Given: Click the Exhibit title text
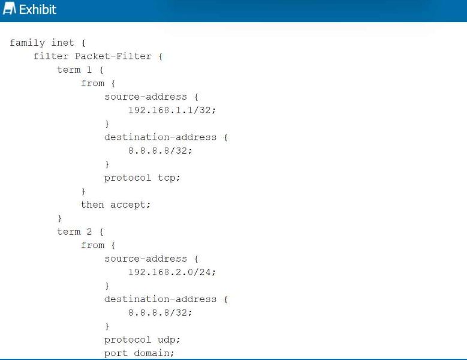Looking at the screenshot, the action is coord(38,10).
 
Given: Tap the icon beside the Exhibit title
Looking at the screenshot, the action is coord(9,8).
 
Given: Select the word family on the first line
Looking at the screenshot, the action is coord(27,43).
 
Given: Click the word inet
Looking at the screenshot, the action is coord(62,43).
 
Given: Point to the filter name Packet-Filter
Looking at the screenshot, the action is coord(113,56).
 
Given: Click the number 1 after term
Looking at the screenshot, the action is coord(89,70).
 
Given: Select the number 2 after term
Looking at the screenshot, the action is coord(89,232).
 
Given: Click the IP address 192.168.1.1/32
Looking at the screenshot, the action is coord(172,110).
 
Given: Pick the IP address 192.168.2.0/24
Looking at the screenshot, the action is coord(172,272).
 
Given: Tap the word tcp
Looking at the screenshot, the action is coord(169,178).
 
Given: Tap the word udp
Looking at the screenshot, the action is coord(169,340).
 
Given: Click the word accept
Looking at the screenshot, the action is coord(131,205).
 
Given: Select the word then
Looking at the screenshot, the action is coord(92,205).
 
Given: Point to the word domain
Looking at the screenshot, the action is coord(153,353).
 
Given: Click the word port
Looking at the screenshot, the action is coord(116,354).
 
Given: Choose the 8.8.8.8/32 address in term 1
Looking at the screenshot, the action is coord(160,151).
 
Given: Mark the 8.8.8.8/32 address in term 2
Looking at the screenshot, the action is coord(160,313).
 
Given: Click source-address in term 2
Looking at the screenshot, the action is coord(146,259).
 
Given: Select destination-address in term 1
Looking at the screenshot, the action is coord(160,137).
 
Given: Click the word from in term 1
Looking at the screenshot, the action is coord(92,83).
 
